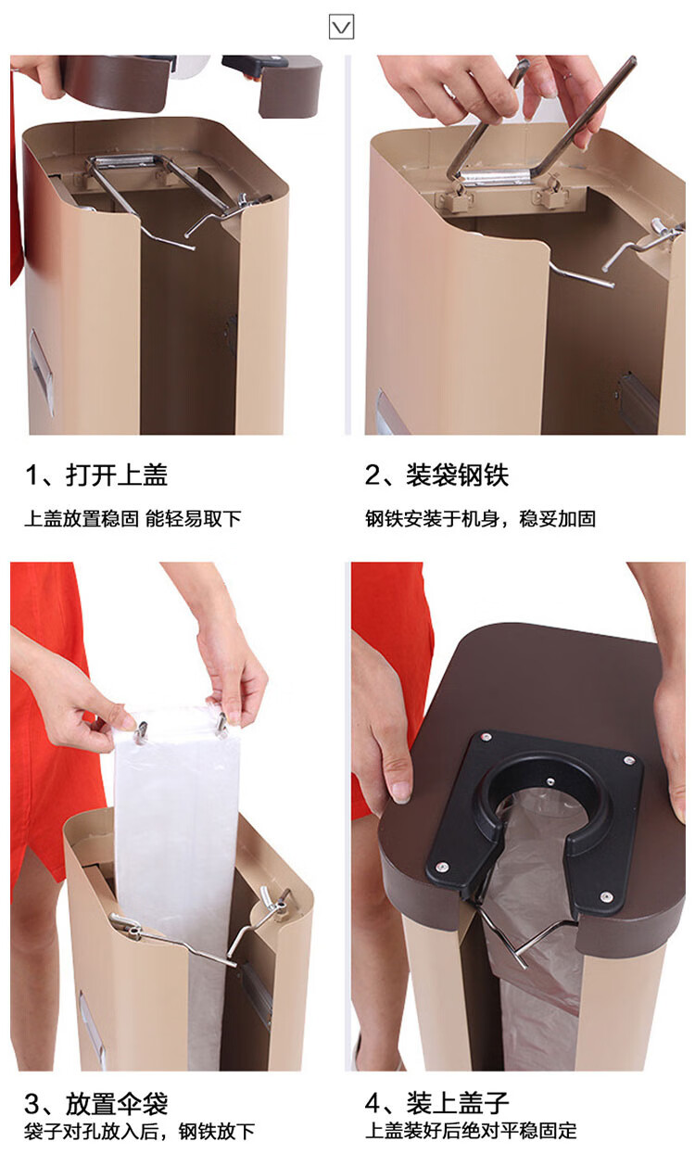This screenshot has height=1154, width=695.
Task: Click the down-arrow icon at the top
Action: tap(341, 27)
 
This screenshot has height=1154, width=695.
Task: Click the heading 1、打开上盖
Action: tap(96, 475)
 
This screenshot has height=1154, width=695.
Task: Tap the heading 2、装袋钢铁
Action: tap(436, 475)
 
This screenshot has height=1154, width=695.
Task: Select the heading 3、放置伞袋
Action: tap(96, 1104)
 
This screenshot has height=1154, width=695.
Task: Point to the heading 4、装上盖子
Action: tap(436, 1104)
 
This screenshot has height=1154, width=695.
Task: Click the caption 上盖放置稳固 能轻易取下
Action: tap(133, 518)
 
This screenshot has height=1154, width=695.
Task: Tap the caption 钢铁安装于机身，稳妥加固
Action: tap(480, 518)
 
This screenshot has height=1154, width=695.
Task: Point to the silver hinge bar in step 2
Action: tap(494, 178)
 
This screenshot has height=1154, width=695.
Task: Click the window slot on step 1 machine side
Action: tap(41, 371)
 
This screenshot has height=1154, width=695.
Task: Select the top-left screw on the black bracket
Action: tap(485, 737)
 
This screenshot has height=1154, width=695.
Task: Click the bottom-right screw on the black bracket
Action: tap(606, 897)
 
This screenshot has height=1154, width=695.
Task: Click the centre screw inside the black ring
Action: tap(550, 781)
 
